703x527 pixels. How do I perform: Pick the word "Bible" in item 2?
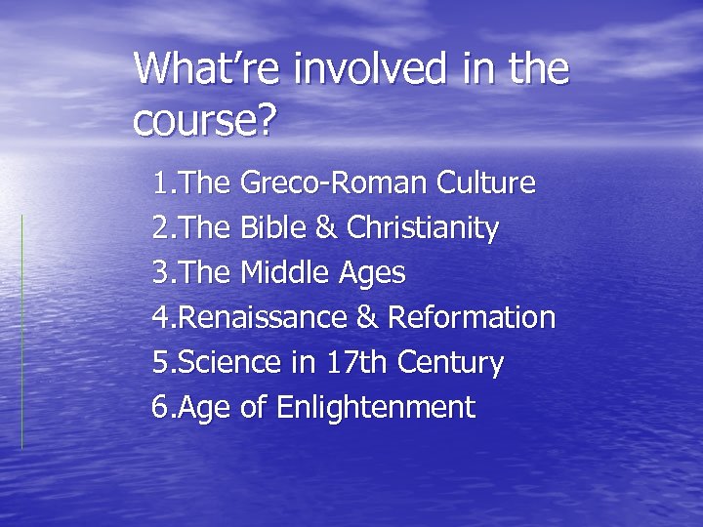[272, 228]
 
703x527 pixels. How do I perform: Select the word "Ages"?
[372, 274]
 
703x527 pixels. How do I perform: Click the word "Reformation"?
[472, 317]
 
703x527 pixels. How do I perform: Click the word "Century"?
[450, 363]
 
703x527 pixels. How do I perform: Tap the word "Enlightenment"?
[376, 407]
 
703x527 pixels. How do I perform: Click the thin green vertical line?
[21, 332]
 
